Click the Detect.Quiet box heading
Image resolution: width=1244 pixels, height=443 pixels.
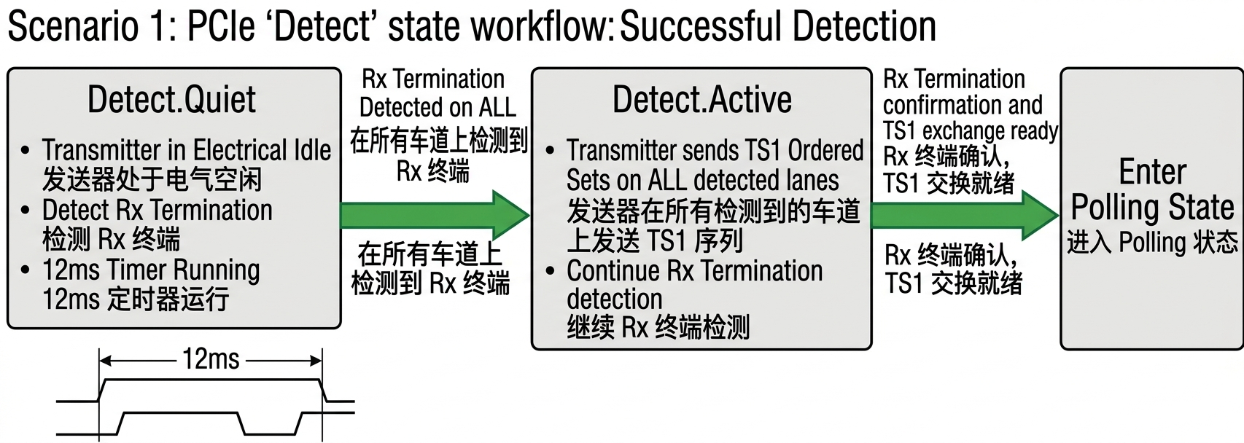[x=171, y=100]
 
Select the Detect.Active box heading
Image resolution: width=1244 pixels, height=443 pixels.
[x=701, y=100]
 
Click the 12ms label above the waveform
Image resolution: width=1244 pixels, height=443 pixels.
[x=211, y=359]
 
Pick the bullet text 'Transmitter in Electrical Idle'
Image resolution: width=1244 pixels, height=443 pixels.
[x=186, y=150]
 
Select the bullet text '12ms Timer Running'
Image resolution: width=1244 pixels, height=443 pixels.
[x=151, y=270]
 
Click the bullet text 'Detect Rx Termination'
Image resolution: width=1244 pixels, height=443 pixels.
[x=157, y=210]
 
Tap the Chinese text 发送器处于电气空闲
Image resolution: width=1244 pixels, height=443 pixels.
[x=152, y=179]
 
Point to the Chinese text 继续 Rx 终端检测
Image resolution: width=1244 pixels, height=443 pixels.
[x=658, y=328]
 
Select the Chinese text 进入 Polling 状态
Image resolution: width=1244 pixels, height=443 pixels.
[x=1152, y=243]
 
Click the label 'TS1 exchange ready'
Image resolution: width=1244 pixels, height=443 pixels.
[x=970, y=131]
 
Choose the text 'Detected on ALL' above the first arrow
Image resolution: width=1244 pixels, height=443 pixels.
[x=438, y=107]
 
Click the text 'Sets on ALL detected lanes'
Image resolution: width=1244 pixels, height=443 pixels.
[x=702, y=180]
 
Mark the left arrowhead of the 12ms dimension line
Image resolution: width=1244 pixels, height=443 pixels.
[x=104, y=360]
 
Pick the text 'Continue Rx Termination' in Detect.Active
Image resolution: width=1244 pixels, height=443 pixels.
[x=694, y=271]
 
